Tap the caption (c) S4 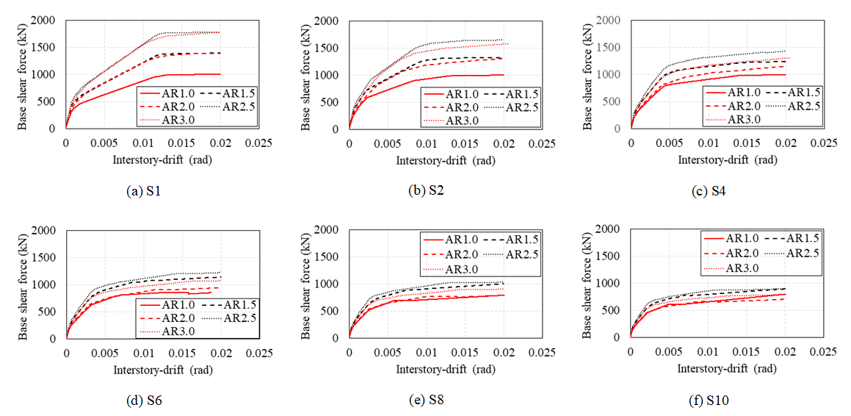[711, 190]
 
